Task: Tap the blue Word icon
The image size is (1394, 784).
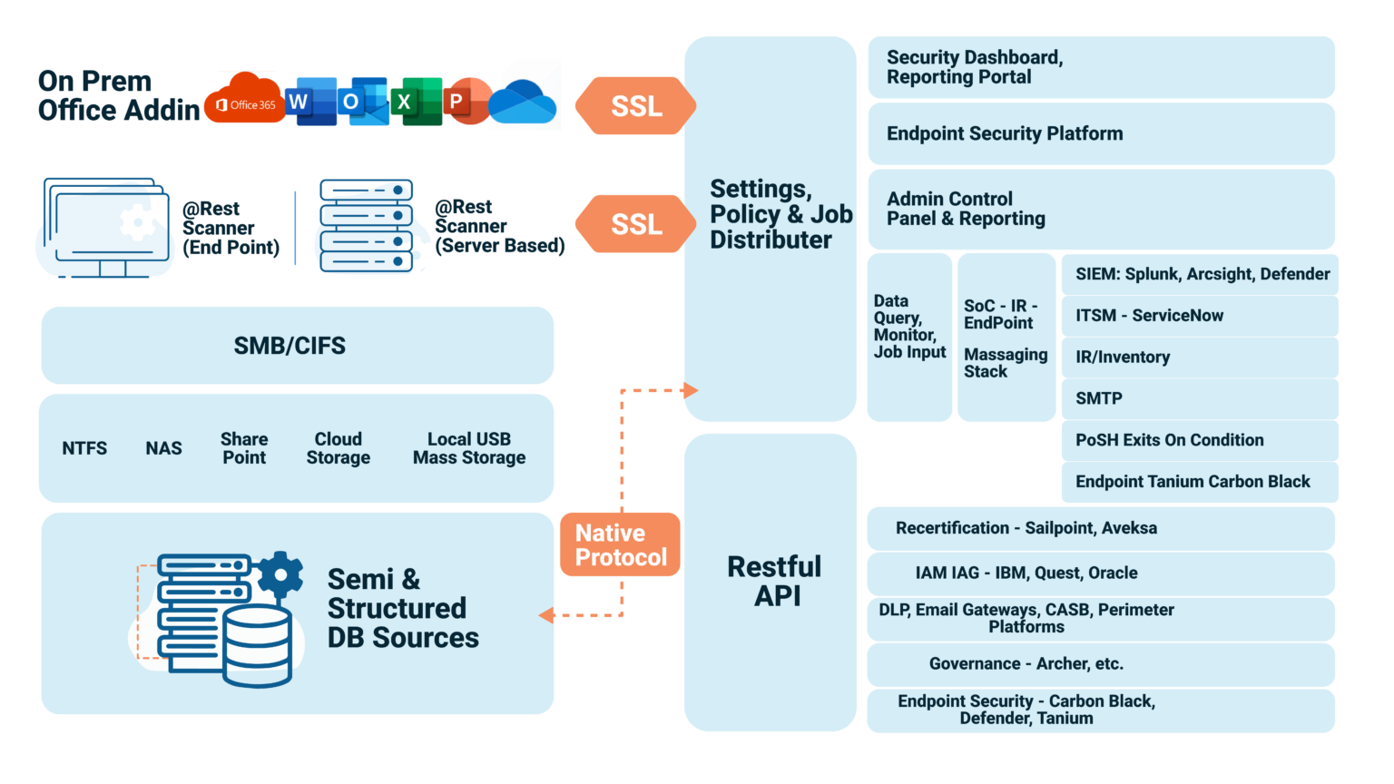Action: [x=310, y=102]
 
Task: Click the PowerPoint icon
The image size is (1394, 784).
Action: [x=467, y=102]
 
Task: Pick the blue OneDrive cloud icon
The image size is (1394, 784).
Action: [x=523, y=103]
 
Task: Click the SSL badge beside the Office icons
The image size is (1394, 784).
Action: [x=635, y=106]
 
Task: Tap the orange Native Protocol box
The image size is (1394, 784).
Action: [x=621, y=544]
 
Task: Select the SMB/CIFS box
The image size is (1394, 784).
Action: [x=297, y=346]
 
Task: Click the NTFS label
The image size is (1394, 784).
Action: [x=84, y=448]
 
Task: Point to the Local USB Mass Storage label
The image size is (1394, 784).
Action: [x=468, y=448]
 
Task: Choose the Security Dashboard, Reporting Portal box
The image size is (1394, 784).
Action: [x=1100, y=68]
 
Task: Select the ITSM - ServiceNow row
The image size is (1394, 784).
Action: [x=1199, y=316]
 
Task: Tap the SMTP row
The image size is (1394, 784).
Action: [x=1199, y=398]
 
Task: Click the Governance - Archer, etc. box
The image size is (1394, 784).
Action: [x=1100, y=664]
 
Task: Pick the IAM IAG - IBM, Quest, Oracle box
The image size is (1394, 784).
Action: [x=1100, y=573]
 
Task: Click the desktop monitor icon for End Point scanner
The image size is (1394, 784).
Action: [x=107, y=227]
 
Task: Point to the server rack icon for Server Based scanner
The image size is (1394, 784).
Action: [x=366, y=226]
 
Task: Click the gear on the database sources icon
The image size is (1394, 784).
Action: [x=280, y=574]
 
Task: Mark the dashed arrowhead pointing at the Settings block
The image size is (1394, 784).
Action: [x=691, y=390]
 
